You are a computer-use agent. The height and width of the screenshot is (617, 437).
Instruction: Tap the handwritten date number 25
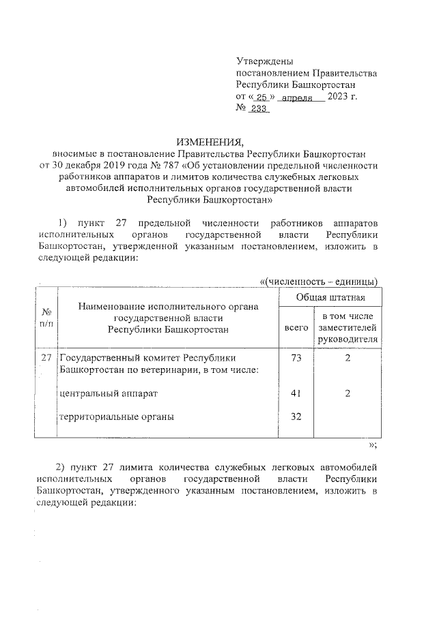261,97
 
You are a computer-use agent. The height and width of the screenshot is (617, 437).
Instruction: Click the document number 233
258,109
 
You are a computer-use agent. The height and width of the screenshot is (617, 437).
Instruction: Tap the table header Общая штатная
330,298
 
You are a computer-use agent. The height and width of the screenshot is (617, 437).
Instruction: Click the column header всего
296,328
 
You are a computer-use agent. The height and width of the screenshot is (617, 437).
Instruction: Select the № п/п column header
47,317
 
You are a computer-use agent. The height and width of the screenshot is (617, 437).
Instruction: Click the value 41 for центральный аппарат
296,393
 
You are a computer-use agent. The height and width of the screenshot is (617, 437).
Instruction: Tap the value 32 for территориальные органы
296,417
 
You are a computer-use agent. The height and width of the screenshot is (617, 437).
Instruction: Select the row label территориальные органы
116,417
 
